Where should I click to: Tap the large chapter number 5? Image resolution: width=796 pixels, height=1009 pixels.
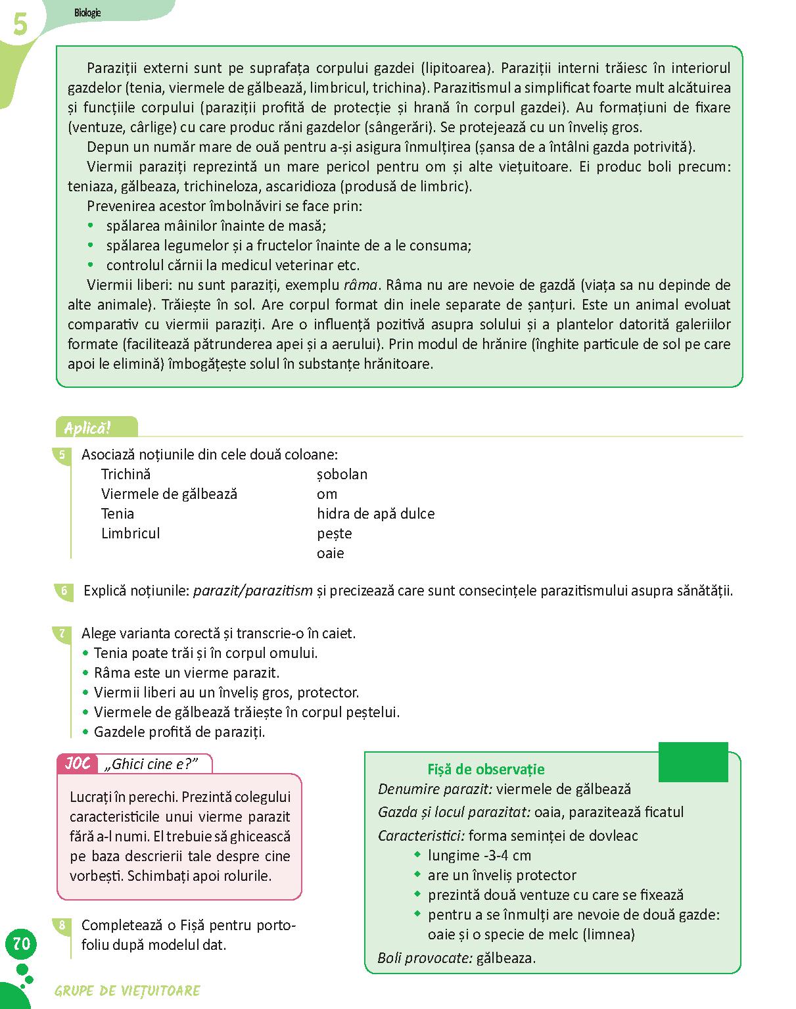(x=20, y=26)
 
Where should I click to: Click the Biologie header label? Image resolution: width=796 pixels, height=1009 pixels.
(x=87, y=12)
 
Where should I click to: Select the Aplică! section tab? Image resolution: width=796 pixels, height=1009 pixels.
(x=88, y=429)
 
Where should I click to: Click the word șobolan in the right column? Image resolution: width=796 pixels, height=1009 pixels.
(x=342, y=475)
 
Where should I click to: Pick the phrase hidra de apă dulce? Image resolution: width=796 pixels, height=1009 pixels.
(x=375, y=514)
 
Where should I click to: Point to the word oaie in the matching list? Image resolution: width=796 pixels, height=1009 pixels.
(x=330, y=553)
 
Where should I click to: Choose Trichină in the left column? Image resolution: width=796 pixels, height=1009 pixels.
(x=126, y=475)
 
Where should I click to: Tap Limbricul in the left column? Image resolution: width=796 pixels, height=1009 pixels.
(x=130, y=534)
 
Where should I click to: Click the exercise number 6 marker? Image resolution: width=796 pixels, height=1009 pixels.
(x=64, y=590)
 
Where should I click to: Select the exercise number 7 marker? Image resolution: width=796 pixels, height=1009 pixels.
(x=62, y=634)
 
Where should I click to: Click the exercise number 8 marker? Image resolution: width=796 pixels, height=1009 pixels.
(x=62, y=926)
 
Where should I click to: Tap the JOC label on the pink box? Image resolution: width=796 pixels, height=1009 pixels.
(x=78, y=764)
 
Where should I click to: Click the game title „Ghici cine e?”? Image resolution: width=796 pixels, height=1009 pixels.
(x=154, y=764)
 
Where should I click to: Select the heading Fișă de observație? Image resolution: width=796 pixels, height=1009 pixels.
(x=486, y=769)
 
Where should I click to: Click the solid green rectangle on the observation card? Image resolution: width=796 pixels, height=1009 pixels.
(x=693, y=762)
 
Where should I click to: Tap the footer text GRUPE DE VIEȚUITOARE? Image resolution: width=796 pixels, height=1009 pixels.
(x=128, y=991)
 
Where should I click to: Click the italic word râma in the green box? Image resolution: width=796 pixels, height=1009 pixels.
(x=361, y=285)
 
